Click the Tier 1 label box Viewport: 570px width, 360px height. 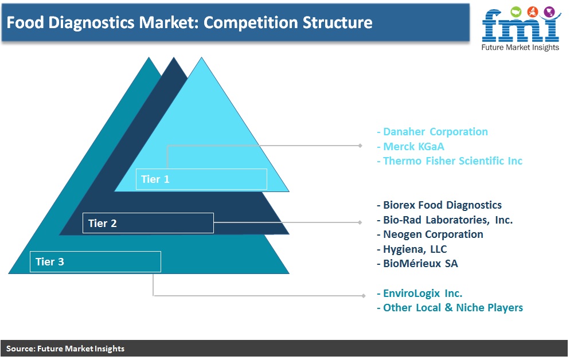pyautogui.click(x=201, y=179)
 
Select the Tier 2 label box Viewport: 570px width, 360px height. pyautogui.click(x=148, y=223)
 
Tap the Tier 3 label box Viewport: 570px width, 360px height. pyautogui.click(x=95, y=261)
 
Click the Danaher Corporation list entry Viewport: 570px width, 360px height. pyautogui.click(x=432, y=131)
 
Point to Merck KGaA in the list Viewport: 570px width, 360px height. pyautogui.click(x=411, y=146)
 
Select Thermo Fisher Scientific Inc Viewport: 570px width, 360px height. pyautogui.click(x=450, y=161)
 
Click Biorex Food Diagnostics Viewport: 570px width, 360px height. pyautogui.click(x=439, y=205)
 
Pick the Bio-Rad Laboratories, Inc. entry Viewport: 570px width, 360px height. pyautogui.click(x=444, y=220)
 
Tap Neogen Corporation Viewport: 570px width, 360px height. pyautogui.click(x=430, y=234)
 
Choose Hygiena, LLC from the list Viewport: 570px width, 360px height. pyautogui.click(x=412, y=249)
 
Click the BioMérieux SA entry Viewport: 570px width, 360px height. pyautogui.click(x=417, y=264)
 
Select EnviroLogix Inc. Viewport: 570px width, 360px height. pyautogui.click(x=420, y=293)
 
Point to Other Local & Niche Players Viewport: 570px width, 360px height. pyautogui.click(x=450, y=308)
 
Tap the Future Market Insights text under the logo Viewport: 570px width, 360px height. pyautogui.click(x=520, y=48)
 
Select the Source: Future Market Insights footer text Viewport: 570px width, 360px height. pyautogui.click(x=65, y=349)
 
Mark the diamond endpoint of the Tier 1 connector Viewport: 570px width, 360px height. pyautogui.click(x=360, y=146)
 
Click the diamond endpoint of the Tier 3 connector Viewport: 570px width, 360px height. pyautogui.click(x=363, y=296)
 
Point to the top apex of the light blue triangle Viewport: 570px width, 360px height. pyautogui.click(x=201, y=57)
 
